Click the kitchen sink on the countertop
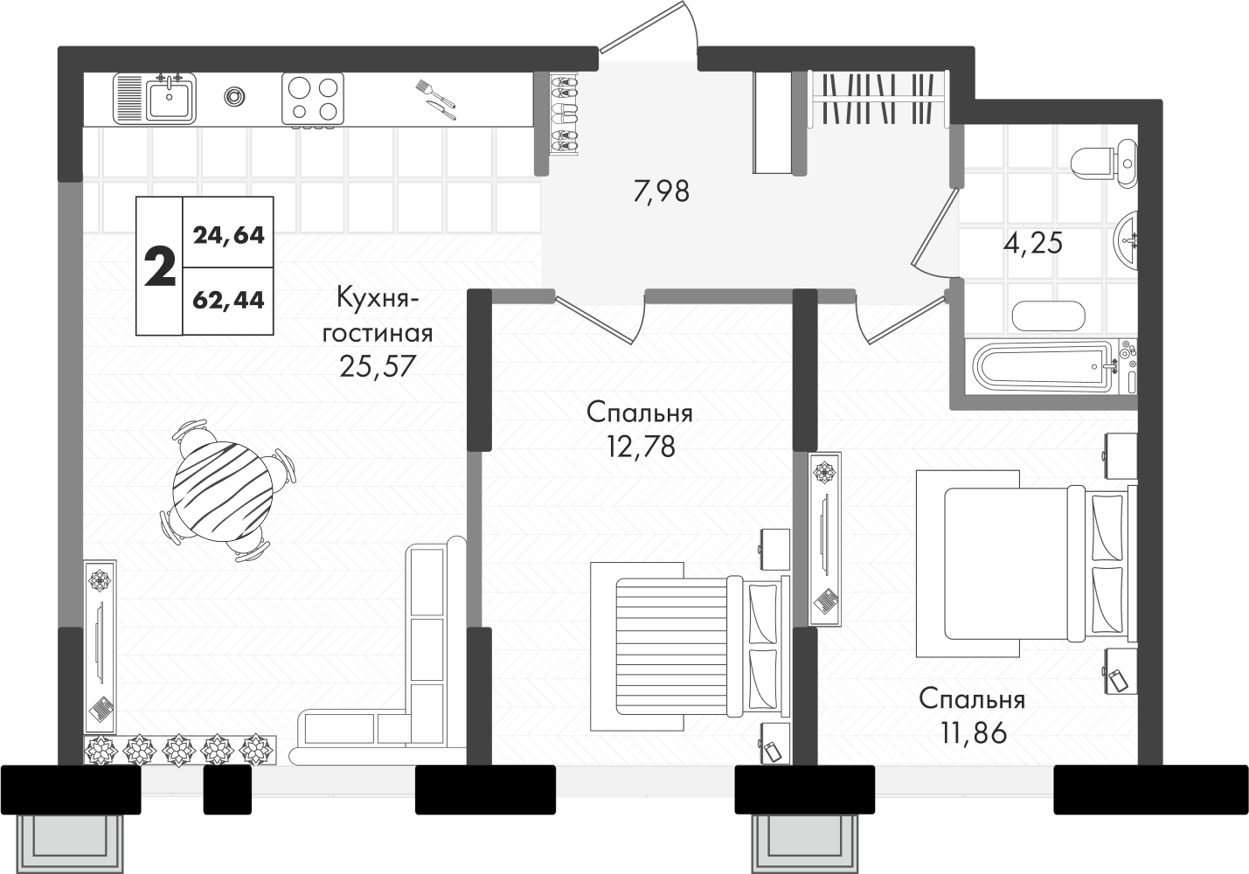tap(155, 99)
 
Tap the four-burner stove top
tap(313, 99)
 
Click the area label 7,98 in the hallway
tap(662, 191)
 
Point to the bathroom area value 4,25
tap(1033, 244)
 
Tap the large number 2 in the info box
tap(160, 267)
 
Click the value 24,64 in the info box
tap(229, 235)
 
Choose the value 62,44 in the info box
tap(229, 301)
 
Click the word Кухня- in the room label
tap(378, 299)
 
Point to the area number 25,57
tap(378, 366)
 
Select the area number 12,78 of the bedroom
tap(642, 447)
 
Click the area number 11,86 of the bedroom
tap(974, 732)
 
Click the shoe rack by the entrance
tap(565, 114)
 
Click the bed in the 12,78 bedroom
tap(690, 647)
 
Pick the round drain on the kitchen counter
tap(234, 96)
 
